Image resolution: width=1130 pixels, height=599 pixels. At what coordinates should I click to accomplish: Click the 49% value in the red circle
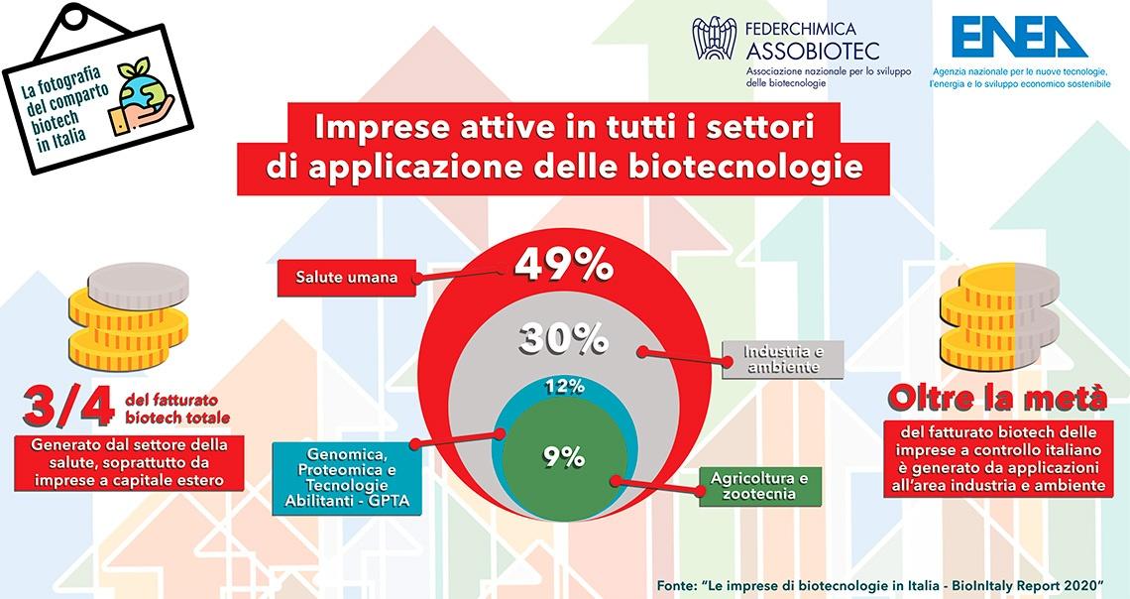[564, 265]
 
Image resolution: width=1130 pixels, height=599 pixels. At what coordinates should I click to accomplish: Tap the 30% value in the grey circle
[564, 338]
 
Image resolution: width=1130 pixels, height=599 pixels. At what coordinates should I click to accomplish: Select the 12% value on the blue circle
[564, 387]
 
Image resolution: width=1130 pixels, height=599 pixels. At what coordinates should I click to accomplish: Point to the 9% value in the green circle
[564, 456]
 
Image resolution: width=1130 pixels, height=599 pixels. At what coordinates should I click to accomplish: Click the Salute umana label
[347, 278]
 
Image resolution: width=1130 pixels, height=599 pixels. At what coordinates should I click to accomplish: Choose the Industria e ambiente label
[783, 359]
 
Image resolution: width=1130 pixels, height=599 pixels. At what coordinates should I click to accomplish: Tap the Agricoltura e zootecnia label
[759, 486]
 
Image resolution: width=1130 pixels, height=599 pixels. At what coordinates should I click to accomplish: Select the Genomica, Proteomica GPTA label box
[347, 476]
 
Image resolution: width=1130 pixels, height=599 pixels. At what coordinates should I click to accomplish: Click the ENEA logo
[1019, 37]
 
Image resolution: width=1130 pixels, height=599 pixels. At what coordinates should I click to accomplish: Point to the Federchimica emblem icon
[714, 39]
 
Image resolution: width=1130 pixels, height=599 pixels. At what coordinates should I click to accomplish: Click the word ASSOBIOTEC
[813, 52]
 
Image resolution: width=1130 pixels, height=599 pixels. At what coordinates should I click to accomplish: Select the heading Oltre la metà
[997, 398]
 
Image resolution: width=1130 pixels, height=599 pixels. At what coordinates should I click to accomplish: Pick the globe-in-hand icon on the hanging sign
[142, 99]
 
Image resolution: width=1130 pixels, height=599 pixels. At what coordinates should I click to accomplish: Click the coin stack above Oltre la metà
[999, 317]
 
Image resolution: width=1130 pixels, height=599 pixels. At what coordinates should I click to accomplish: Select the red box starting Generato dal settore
[129, 462]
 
